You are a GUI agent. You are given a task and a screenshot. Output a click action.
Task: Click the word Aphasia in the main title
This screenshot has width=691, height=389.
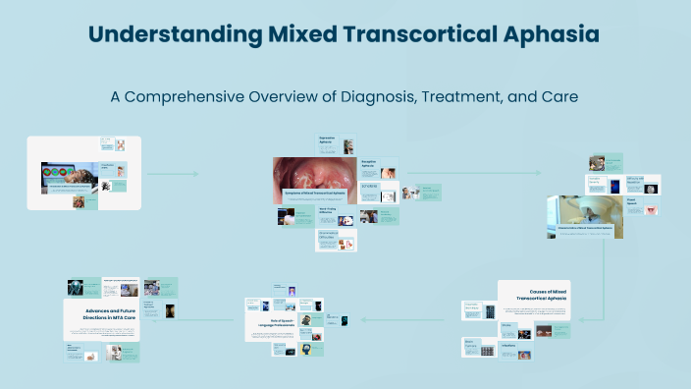pos(546,35)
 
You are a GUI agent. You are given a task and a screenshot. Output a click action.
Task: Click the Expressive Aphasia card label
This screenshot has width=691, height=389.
pos(328,139)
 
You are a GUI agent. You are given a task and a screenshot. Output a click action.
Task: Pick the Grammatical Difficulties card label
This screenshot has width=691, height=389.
pos(329,235)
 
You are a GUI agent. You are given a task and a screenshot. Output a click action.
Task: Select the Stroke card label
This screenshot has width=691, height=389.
pos(507,324)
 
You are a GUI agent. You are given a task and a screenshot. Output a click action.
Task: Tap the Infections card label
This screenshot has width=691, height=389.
pos(511,346)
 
